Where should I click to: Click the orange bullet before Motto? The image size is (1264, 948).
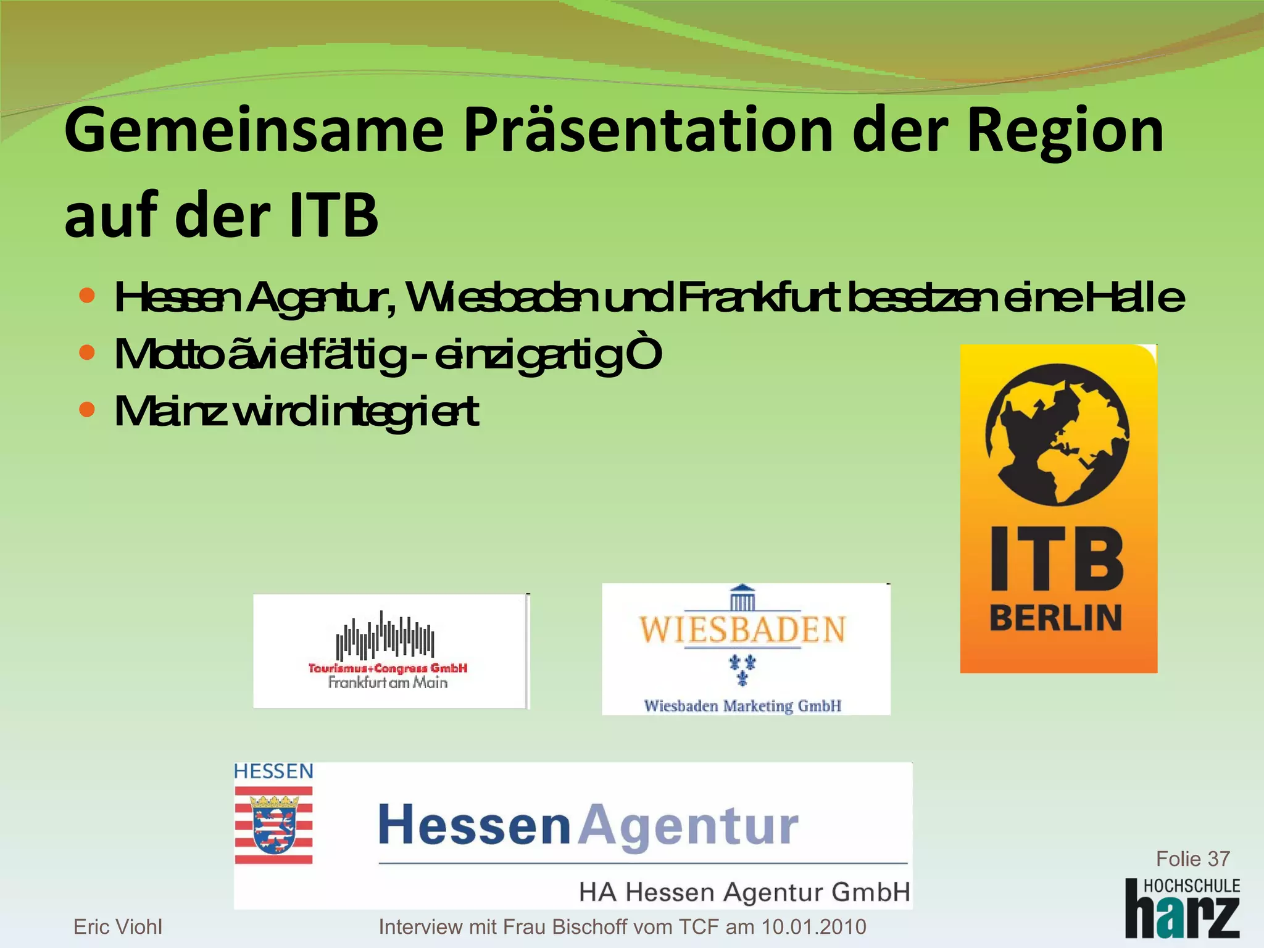click(87, 352)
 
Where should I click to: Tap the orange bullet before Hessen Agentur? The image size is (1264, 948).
click(87, 296)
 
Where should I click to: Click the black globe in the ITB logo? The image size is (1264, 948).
click(1057, 435)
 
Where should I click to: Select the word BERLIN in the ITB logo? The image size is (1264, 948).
click(1055, 618)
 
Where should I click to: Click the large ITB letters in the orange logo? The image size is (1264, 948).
click(1057, 559)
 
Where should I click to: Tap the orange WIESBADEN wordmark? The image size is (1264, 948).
click(742, 630)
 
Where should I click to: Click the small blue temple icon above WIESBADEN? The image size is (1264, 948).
click(742, 597)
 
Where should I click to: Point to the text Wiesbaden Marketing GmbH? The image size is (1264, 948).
click(742, 705)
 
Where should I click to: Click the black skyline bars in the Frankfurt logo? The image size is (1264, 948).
click(385, 636)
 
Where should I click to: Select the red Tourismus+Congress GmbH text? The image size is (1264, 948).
click(388, 668)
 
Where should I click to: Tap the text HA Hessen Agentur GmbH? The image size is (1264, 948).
click(744, 892)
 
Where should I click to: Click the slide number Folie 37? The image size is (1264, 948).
click(1192, 859)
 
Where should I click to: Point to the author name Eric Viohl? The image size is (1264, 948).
click(118, 926)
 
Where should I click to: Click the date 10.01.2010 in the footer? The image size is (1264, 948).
click(813, 926)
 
